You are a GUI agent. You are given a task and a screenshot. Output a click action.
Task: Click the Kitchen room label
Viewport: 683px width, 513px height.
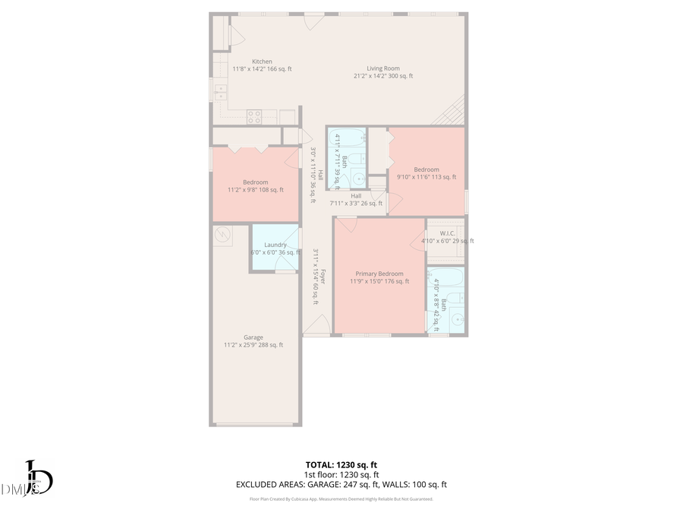coord(262,62)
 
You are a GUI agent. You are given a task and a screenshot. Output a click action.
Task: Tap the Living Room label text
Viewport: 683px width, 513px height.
coord(382,68)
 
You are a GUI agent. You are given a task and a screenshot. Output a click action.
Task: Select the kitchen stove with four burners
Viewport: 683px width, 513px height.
coord(254,116)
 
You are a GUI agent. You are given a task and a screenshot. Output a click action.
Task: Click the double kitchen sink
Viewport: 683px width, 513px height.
coord(220,92)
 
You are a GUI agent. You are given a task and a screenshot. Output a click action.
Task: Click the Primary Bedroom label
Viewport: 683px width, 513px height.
coord(379,274)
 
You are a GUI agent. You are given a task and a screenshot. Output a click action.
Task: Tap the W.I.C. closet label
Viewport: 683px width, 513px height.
coord(446,233)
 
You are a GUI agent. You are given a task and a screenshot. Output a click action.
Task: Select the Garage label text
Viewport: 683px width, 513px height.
coord(253,337)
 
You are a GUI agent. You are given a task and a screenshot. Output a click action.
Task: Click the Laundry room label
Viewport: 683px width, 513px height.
coord(275,245)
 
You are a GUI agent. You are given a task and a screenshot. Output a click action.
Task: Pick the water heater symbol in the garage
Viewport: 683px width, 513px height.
coord(223,234)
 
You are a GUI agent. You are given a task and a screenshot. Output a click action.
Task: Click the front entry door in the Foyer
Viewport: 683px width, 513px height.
coord(316,325)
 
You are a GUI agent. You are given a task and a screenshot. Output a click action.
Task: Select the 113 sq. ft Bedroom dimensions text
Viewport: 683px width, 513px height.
coord(426,177)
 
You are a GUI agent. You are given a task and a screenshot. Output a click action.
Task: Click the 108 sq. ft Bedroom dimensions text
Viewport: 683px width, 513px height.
coord(255,190)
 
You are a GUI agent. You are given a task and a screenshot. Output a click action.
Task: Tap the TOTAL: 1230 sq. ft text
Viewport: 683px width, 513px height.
coord(341,464)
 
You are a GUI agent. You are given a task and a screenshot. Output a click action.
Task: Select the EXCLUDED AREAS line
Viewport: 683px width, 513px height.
coord(341,484)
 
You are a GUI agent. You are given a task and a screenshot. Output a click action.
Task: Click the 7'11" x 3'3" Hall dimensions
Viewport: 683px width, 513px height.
coord(355,203)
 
